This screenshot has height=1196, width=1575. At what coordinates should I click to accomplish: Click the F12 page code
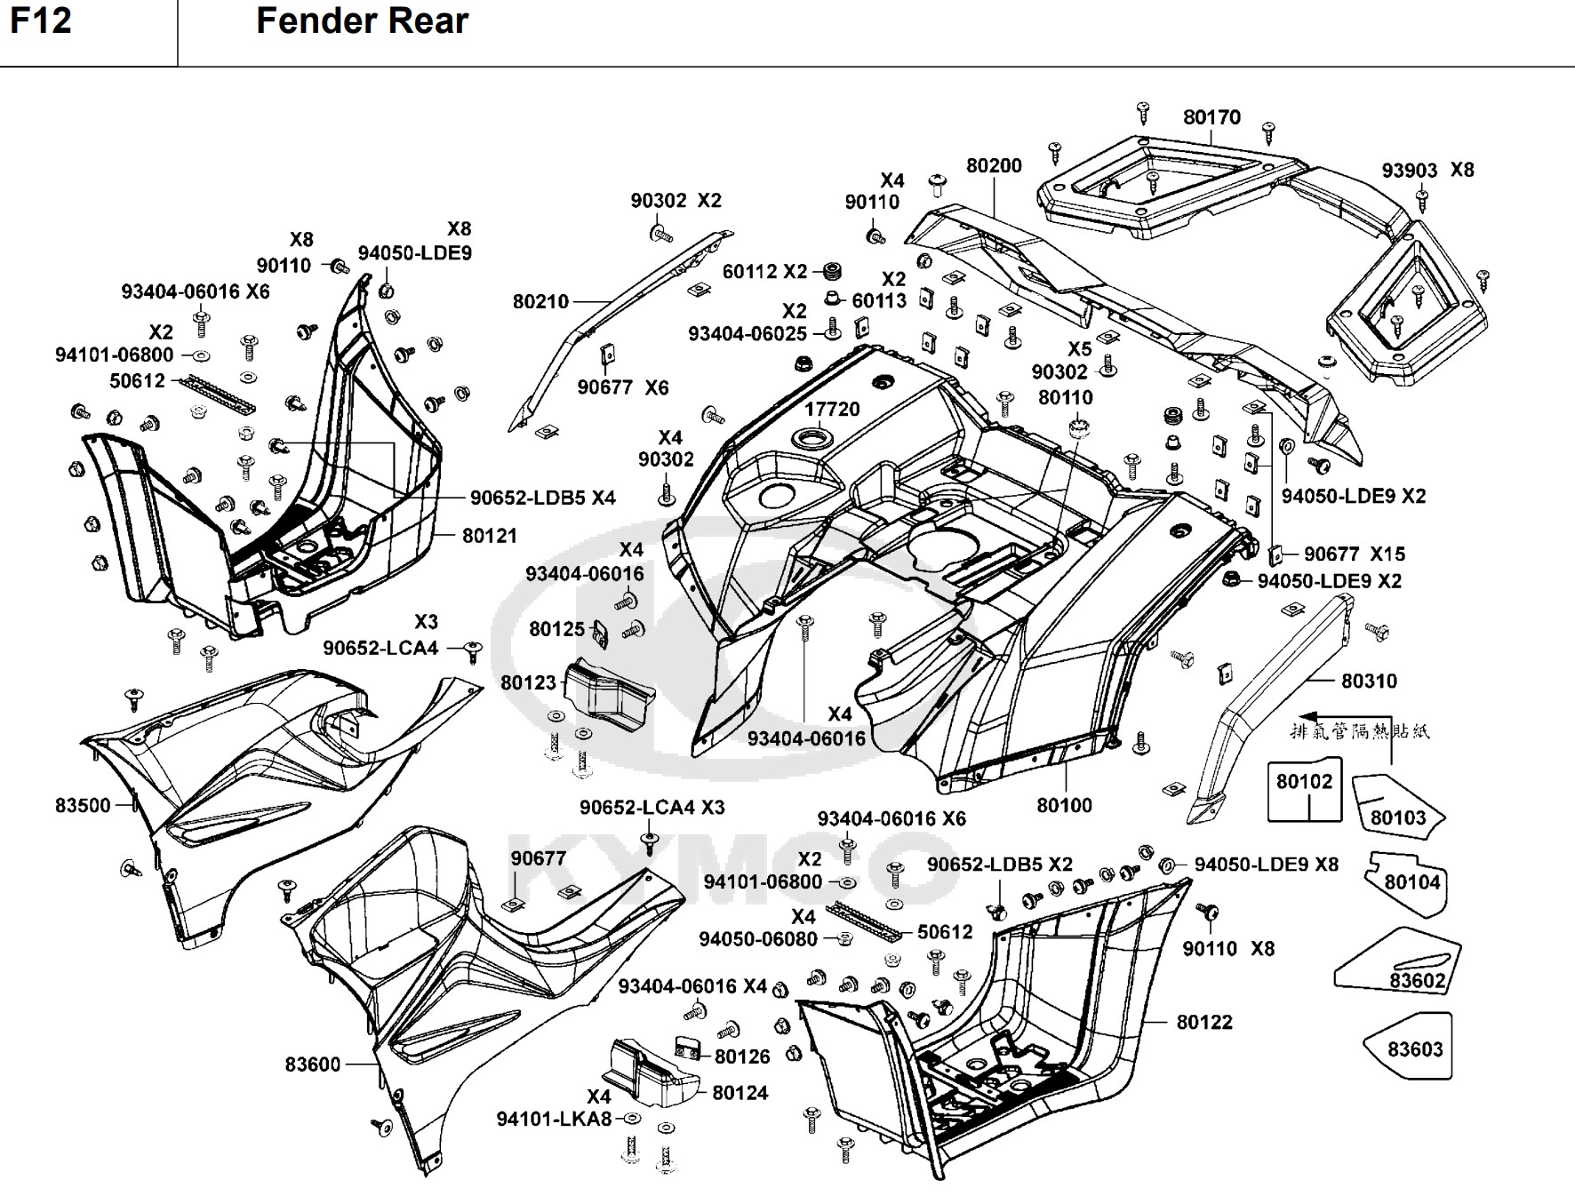pyautogui.click(x=41, y=20)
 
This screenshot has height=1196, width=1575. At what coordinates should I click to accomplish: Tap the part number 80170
pyautogui.click(x=1211, y=117)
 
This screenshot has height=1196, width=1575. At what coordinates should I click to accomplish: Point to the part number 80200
pyautogui.click(x=994, y=166)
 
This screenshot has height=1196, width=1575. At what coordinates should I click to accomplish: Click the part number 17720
pyautogui.click(x=832, y=410)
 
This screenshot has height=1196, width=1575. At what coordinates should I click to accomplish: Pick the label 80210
pyautogui.click(x=540, y=302)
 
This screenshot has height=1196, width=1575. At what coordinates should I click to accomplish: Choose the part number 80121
pyautogui.click(x=489, y=536)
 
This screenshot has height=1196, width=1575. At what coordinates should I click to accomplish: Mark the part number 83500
pyautogui.click(x=83, y=806)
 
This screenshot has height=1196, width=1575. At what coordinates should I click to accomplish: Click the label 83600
pyautogui.click(x=313, y=1064)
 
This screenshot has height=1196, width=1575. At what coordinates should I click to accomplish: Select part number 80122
pyautogui.click(x=1204, y=1023)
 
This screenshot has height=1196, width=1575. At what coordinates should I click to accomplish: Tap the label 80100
pyautogui.click(x=1064, y=806)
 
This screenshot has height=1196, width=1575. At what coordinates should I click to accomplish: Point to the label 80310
pyautogui.click(x=1369, y=682)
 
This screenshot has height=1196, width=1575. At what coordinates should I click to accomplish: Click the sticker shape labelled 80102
pyautogui.click(x=1304, y=789)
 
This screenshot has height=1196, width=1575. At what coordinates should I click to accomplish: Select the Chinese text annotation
pyautogui.click(x=1360, y=732)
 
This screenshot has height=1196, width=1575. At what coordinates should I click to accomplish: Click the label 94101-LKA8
pyautogui.click(x=554, y=1120)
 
